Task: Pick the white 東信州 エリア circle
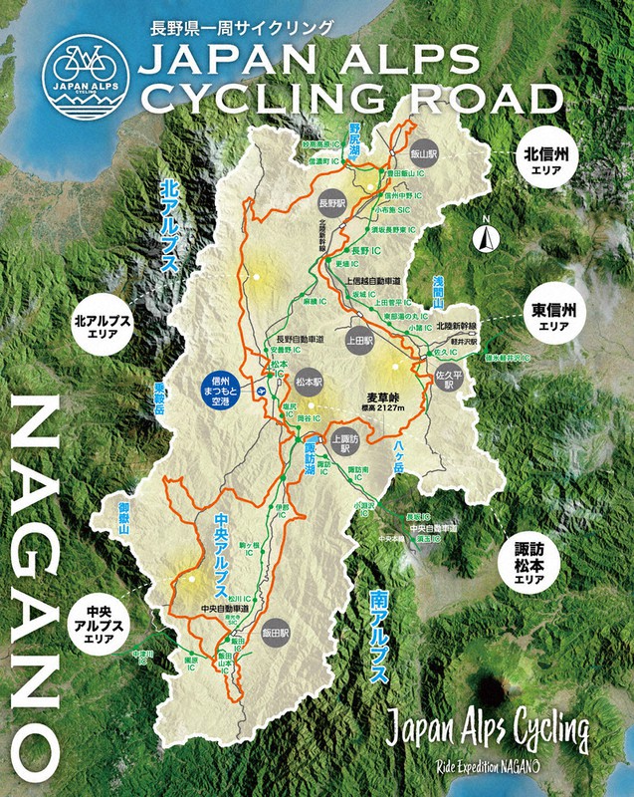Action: [552, 316]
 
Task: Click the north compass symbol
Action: [487, 235]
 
